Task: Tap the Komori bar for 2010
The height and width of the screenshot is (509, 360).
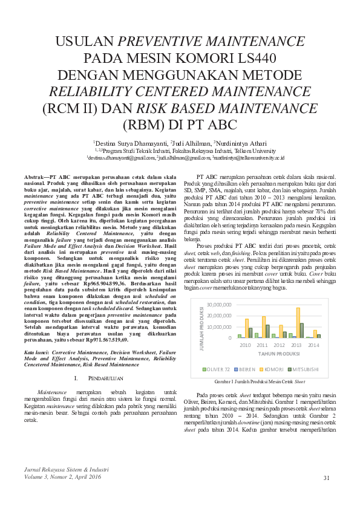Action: coord(247,328)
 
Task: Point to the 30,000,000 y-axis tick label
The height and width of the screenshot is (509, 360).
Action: coord(219,305)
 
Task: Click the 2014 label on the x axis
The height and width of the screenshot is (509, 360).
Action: coord(313,345)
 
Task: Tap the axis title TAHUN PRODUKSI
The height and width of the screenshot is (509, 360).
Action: coord(280,353)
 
